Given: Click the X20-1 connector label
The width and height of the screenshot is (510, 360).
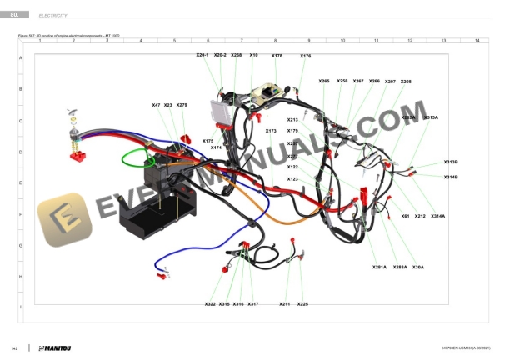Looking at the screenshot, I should click(202, 55).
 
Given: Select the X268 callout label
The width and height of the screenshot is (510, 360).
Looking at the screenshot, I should click(237, 55).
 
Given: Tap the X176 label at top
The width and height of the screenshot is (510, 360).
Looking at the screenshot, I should click(305, 56).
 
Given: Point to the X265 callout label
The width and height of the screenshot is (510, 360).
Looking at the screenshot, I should click(324, 81).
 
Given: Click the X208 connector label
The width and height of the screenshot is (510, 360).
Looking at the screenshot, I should click(406, 82).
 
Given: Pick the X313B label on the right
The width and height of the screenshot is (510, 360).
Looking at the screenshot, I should click(451, 162).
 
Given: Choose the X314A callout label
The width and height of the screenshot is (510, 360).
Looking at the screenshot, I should click(437, 216).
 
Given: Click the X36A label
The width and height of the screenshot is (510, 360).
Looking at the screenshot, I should click(418, 267).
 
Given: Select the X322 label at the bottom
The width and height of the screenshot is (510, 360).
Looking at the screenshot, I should click(210, 304).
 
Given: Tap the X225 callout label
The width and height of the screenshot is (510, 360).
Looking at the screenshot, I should click(302, 304).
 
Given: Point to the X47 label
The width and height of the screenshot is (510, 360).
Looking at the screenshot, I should click(156, 105).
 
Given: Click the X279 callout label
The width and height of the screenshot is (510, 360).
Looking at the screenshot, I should click(182, 105).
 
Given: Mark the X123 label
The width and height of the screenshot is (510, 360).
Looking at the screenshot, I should click(292, 178).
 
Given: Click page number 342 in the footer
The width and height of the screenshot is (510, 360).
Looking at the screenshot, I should click(14, 347).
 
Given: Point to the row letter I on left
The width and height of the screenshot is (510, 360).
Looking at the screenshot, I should click(20, 307).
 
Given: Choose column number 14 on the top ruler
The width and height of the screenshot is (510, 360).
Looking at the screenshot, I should click(476, 40).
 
